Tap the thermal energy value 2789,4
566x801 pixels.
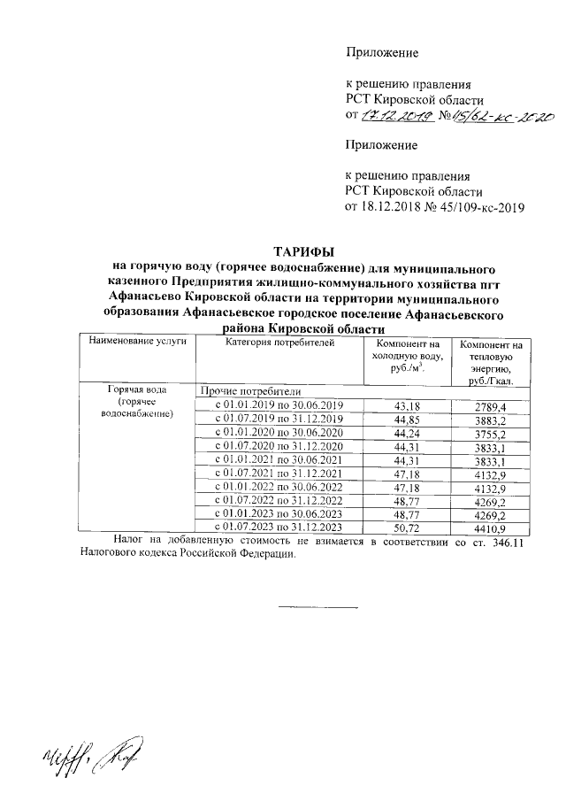[491, 405]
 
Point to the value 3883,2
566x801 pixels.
[491, 419]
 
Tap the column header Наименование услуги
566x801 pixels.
[137, 342]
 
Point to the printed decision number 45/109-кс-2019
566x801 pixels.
[476, 209]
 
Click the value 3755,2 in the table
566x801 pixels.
[491, 433]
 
